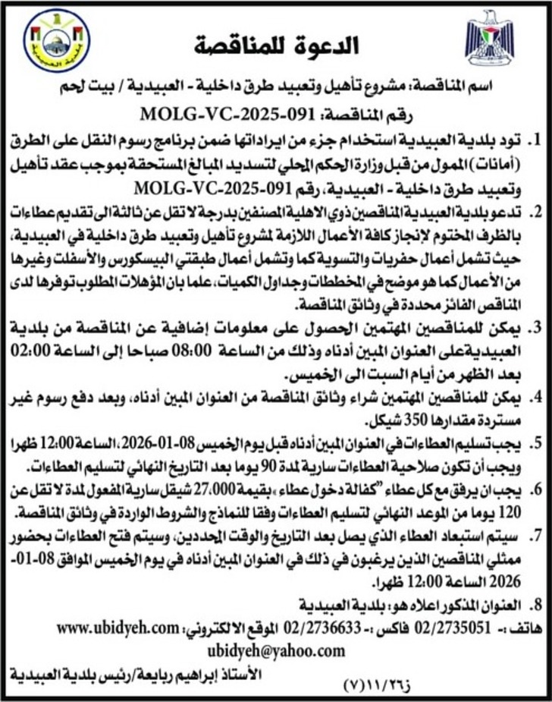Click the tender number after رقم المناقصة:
[228, 115]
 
